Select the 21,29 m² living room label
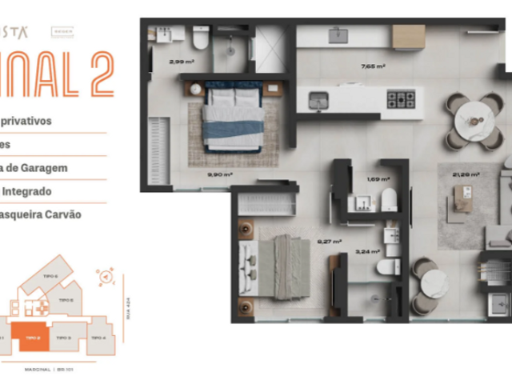click(466, 174)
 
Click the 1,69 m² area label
click(378, 179)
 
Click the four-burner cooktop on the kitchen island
click(401, 99)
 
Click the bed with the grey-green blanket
click(280, 268)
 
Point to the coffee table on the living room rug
click(462, 195)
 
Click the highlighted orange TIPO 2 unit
click(30, 338)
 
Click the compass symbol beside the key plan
click(104, 276)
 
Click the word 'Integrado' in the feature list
click(26, 192)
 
